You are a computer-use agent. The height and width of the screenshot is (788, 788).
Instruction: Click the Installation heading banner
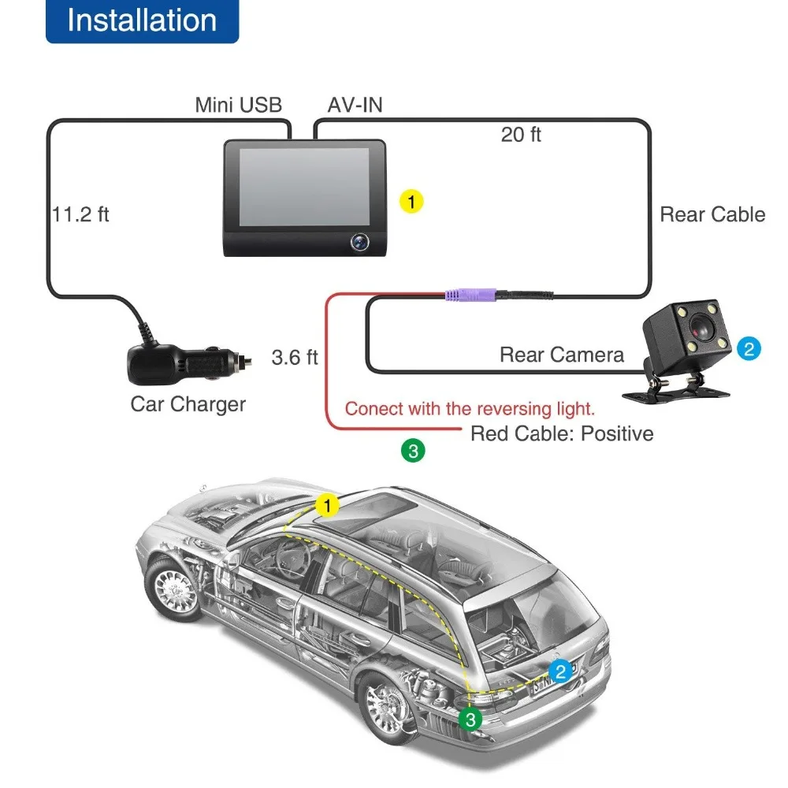[142, 21]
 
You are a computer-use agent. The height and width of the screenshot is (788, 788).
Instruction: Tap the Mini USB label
[238, 105]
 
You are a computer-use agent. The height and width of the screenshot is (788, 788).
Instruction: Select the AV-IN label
[355, 105]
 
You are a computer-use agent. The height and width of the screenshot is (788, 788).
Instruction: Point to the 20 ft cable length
[521, 135]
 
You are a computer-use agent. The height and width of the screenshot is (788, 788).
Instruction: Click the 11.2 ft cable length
[80, 214]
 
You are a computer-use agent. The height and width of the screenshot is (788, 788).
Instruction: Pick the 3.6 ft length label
[295, 357]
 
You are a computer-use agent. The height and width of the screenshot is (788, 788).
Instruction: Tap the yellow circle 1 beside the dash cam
[411, 202]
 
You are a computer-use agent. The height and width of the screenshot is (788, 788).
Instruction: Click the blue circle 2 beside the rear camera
[749, 349]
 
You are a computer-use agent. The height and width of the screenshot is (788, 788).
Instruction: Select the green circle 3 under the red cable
[413, 451]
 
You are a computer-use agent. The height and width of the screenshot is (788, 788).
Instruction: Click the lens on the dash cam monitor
[359, 242]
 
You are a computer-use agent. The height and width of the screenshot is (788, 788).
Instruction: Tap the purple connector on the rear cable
[470, 295]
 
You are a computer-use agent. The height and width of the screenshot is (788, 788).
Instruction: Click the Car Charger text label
[188, 404]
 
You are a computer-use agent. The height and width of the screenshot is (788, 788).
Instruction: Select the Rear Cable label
[712, 214]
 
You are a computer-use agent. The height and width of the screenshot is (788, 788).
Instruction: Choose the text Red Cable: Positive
[562, 433]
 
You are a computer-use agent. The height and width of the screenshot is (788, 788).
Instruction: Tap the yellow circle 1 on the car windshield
[327, 506]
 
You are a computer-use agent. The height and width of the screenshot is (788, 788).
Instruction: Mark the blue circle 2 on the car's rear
[561, 671]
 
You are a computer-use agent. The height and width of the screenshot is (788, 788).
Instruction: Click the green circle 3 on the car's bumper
[470, 719]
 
